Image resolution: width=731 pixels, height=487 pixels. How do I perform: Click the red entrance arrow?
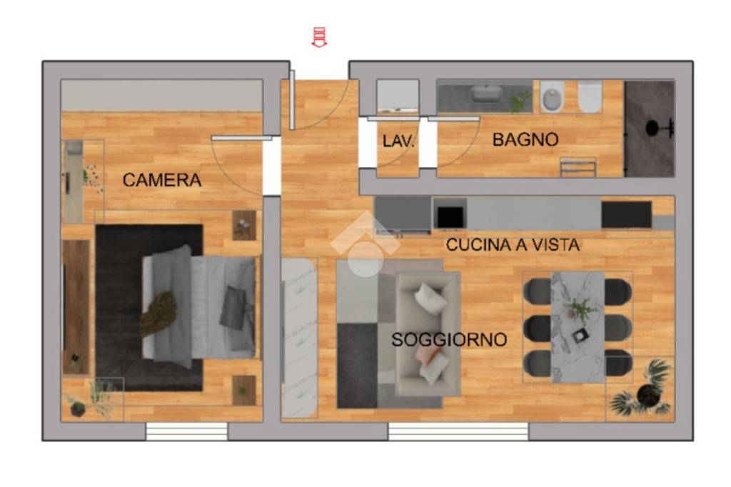319,37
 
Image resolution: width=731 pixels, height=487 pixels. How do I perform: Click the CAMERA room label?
162,180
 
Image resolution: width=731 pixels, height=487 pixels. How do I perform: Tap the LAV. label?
398,141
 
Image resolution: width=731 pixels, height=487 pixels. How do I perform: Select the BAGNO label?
525,139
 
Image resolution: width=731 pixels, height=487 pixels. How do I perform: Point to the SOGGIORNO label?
449,340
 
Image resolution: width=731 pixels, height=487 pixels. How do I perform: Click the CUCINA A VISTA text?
513,245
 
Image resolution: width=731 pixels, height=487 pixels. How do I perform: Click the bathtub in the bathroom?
485,94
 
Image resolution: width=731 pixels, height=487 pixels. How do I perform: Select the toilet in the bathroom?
590,96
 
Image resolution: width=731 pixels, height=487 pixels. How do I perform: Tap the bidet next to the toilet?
553,97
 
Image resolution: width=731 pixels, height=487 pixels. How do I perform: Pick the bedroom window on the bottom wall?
186,431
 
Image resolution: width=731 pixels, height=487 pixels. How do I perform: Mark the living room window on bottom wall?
458,431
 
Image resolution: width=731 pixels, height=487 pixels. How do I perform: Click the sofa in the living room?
428,334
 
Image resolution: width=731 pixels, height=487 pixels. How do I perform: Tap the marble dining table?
578,327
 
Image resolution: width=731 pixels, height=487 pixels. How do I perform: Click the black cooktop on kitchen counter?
626,214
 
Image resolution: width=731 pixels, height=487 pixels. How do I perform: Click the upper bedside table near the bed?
244,226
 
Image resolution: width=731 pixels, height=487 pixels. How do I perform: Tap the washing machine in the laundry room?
398,96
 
